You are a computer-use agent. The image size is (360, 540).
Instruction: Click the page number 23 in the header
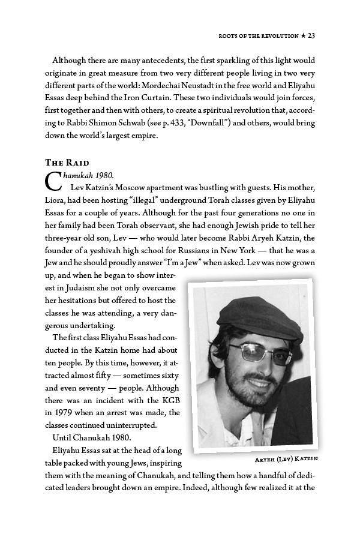(x=311, y=36)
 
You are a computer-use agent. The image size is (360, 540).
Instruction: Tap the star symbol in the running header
(x=302, y=36)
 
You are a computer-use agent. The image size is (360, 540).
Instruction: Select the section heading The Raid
(x=67, y=163)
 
